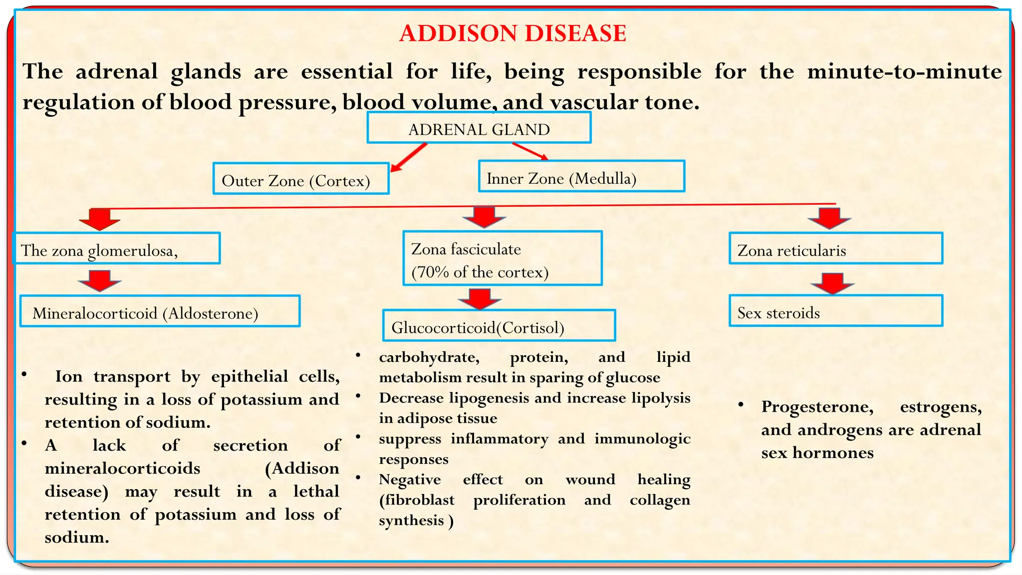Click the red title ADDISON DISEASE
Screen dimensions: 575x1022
[x=512, y=34]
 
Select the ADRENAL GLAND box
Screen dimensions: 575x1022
[x=479, y=128]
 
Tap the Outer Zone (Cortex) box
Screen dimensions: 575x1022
[x=301, y=179]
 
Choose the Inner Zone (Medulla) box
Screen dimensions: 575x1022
[x=581, y=176]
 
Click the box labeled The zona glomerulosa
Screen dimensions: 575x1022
[x=116, y=249]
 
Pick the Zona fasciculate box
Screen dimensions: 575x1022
[x=503, y=259]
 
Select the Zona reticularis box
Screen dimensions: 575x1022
[x=836, y=249]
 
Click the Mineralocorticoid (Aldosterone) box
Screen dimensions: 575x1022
[x=160, y=311]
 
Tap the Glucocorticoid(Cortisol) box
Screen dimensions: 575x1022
[x=499, y=326]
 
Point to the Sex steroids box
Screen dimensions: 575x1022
[x=836, y=311]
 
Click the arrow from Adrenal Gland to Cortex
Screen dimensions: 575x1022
[x=409, y=157]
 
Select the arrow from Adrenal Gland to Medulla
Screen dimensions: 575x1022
[x=530, y=152]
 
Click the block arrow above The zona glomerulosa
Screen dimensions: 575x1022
[x=100, y=219]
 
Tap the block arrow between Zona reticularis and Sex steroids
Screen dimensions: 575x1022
[x=832, y=283]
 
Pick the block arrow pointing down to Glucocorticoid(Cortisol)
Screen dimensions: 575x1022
[x=480, y=298]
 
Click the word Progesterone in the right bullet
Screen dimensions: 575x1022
[x=817, y=407]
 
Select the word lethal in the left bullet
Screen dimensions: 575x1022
[x=316, y=491]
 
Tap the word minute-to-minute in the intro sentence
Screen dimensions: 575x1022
[x=904, y=72]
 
